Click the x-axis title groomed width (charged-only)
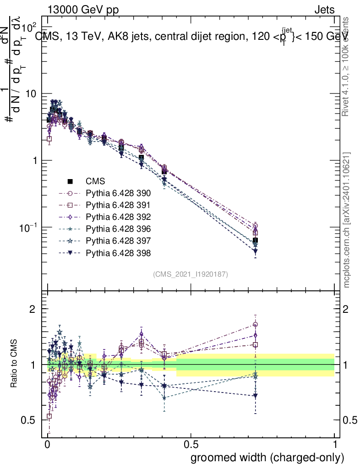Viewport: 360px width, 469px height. tap(267, 458)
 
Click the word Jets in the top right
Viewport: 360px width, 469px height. tap(324, 10)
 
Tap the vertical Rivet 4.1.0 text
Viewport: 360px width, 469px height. tap(347, 66)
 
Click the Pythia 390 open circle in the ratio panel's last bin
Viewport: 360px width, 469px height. tap(255, 324)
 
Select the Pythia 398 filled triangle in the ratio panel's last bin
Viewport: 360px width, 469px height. tap(255, 395)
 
